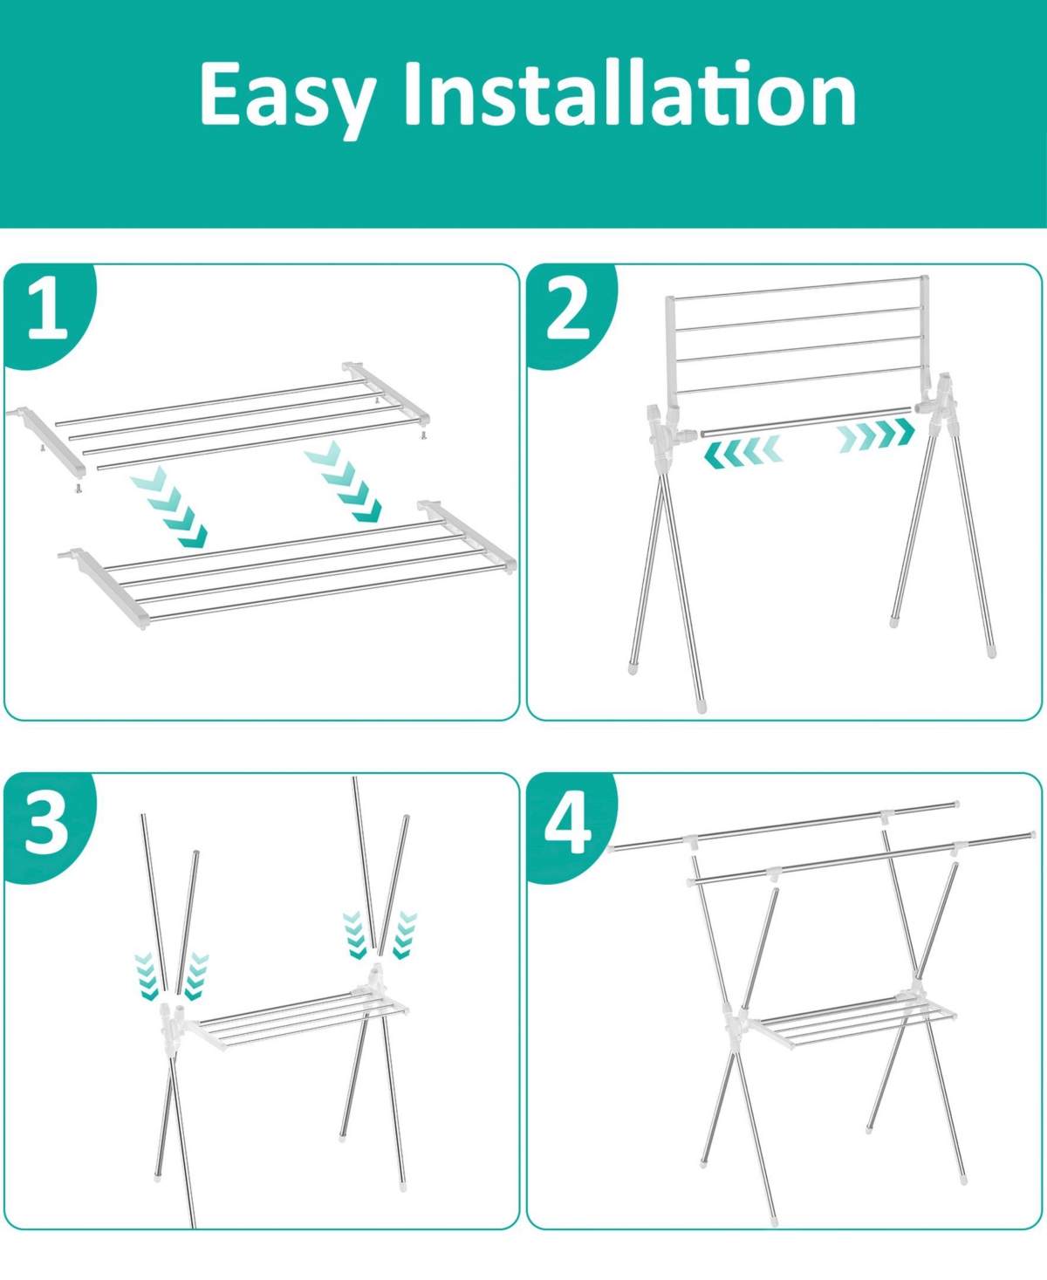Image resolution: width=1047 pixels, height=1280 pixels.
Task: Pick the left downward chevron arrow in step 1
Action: tap(169, 507)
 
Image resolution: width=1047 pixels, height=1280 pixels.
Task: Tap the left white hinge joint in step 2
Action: tap(667, 432)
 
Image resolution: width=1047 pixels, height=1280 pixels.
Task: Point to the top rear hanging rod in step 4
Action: tap(784, 825)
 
